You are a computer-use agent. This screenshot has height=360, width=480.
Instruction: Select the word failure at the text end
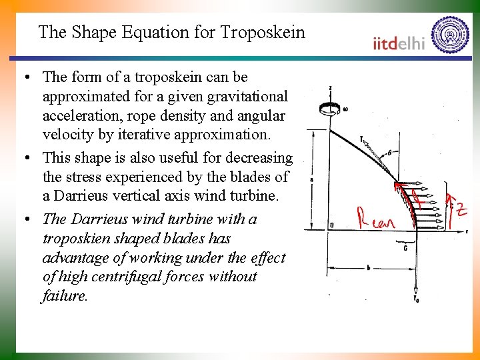[x=65, y=296]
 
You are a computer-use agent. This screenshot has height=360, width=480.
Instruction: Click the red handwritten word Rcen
[x=375, y=218]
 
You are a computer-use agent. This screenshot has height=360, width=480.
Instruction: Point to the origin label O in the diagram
[x=331, y=225]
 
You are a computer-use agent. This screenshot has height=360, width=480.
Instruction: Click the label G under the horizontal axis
[x=405, y=247]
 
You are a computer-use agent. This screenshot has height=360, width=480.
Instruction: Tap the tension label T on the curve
[x=361, y=139]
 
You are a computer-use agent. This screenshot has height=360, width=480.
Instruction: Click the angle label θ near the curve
[x=388, y=152]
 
